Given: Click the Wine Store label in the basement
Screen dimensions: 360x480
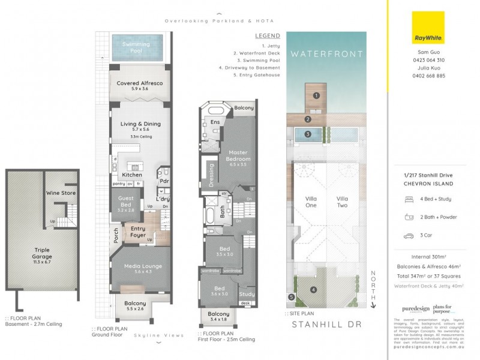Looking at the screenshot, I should click(61, 193).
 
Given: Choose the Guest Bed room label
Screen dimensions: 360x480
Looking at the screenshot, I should click(125, 204).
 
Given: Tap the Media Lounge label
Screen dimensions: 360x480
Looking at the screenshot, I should click(139, 269).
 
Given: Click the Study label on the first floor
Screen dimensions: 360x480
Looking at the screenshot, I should click(247, 294).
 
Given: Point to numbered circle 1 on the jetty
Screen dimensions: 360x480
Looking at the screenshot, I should click(316, 95).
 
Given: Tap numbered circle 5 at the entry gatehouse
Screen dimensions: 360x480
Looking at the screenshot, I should click(291, 296).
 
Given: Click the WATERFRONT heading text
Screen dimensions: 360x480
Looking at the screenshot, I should click(326, 54).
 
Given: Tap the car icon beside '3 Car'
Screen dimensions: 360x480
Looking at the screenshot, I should click(408, 235).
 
